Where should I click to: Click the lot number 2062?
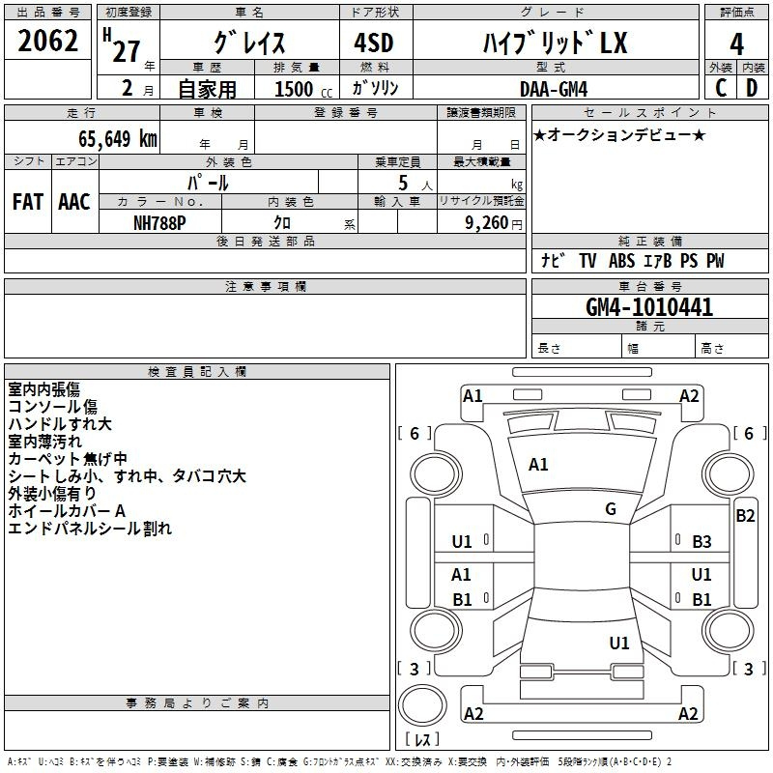pos(47,41)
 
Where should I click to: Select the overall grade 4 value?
pos(736,43)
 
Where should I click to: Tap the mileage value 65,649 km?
pos(118,138)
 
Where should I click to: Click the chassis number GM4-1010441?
pos(649,307)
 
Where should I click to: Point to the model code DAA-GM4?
pos(554,89)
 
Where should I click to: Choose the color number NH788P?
pos(159,223)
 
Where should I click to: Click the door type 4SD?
pos(374,43)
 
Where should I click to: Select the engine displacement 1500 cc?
pos(303,89)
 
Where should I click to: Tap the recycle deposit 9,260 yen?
pos(494,223)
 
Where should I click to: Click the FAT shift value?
pos(28,202)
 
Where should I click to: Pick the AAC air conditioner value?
pos(74,202)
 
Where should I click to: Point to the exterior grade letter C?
pos(721,88)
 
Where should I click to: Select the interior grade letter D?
pos(752,88)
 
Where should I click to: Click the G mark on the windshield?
pos(611,509)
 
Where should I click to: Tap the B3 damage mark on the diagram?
pos(702,542)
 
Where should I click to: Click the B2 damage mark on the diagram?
pos(745,516)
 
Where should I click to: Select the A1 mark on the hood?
pos(538,465)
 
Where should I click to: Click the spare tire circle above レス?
pos(422,705)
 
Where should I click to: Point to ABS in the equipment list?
pos(621,261)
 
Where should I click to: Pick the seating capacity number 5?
pos(403,183)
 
